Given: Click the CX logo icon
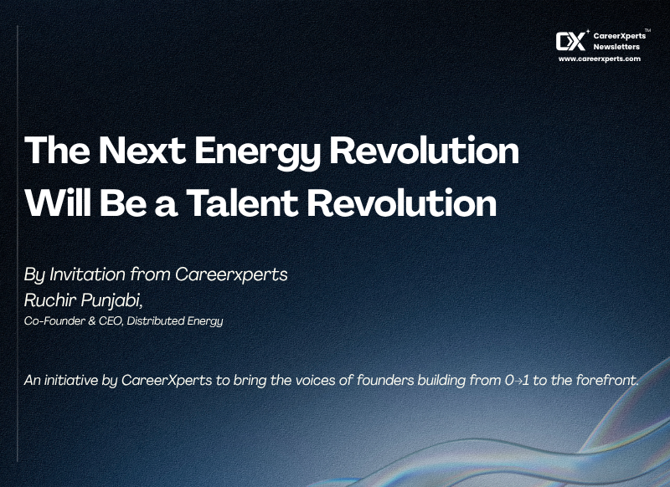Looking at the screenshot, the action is [571, 41].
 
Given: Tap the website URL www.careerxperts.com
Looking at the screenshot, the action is [600, 59].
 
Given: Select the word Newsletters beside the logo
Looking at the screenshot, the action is [616, 47].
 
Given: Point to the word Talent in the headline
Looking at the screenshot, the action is [242, 202].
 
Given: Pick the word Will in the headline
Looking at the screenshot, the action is [57, 202].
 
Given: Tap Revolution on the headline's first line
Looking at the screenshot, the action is [425, 151].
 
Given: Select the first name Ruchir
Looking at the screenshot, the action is [50, 300].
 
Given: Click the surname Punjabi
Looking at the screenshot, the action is [111, 301].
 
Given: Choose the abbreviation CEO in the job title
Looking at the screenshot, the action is [111, 320].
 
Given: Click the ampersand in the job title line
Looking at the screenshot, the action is [91, 321].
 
